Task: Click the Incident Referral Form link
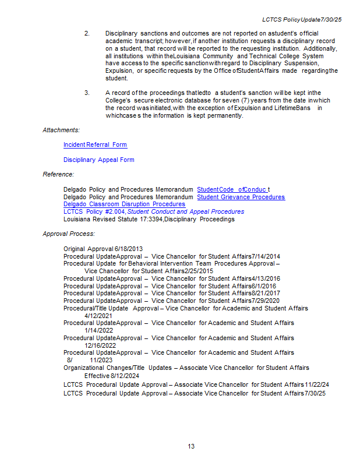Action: pyautogui.click(x=95, y=144)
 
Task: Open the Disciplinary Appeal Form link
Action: pyautogui.click(x=98, y=160)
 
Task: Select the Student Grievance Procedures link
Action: pyautogui.click(x=241, y=197)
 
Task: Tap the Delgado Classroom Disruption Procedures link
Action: pyautogui.click(x=124, y=204)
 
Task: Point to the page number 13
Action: pyautogui.click(x=191, y=446)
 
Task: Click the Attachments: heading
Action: pyautogui.click(x=61, y=130)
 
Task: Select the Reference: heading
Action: pyautogui.click(x=58, y=174)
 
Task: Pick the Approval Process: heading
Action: pyautogui.click(x=69, y=234)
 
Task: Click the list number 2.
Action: pyautogui.click(x=87, y=33)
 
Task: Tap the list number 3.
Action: pyautogui.click(x=87, y=93)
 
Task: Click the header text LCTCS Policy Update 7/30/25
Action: pyautogui.click(x=302, y=20)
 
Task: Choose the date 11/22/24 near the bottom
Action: pyautogui.click(x=317, y=384)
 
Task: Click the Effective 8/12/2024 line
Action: pyautogui.click(x=112, y=376)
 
